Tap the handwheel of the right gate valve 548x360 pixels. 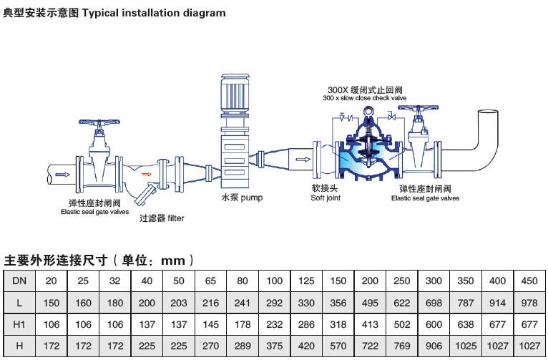click(x=419, y=107)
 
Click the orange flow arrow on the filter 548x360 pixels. click(x=147, y=174)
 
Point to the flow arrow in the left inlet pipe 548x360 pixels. click(x=62, y=175)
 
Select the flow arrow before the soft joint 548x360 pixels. click(x=303, y=160)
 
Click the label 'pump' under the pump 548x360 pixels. click(x=252, y=198)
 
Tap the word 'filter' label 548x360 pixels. click(x=176, y=218)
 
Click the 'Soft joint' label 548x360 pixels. click(x=326, y=198)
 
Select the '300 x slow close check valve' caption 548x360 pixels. click(x=365, y=98)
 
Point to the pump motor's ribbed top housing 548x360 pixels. click(x=235, y=93)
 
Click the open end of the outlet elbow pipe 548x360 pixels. click(x=488, y=112)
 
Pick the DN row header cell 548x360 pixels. click(x=19, y=281)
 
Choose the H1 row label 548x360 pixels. click(x=19, y=324)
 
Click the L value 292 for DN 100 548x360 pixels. click(x=274, y=303)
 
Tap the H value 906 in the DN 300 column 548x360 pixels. click(x=434, y=346)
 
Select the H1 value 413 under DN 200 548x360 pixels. click(x=370, y=324)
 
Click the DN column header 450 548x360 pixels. click(x=529, y=281)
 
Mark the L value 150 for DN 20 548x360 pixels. click(x=52, y=303)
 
